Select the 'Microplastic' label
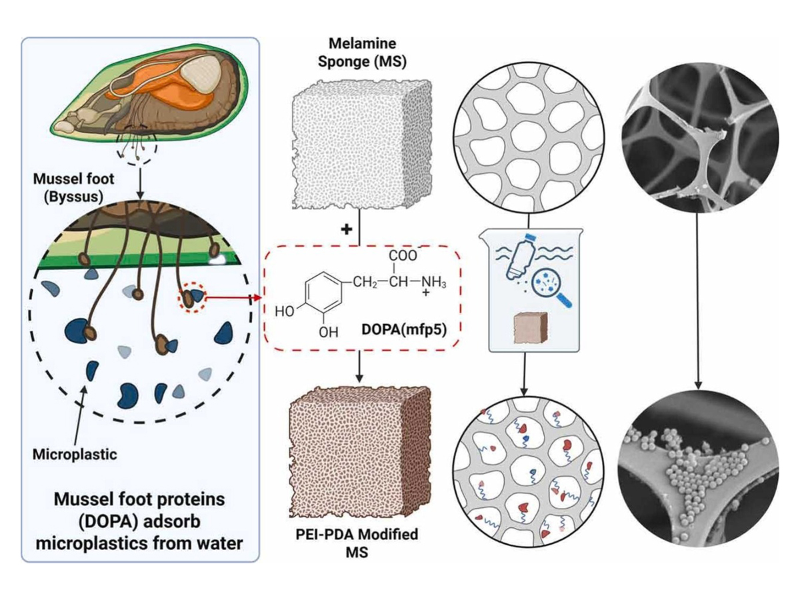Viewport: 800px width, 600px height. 75,455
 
